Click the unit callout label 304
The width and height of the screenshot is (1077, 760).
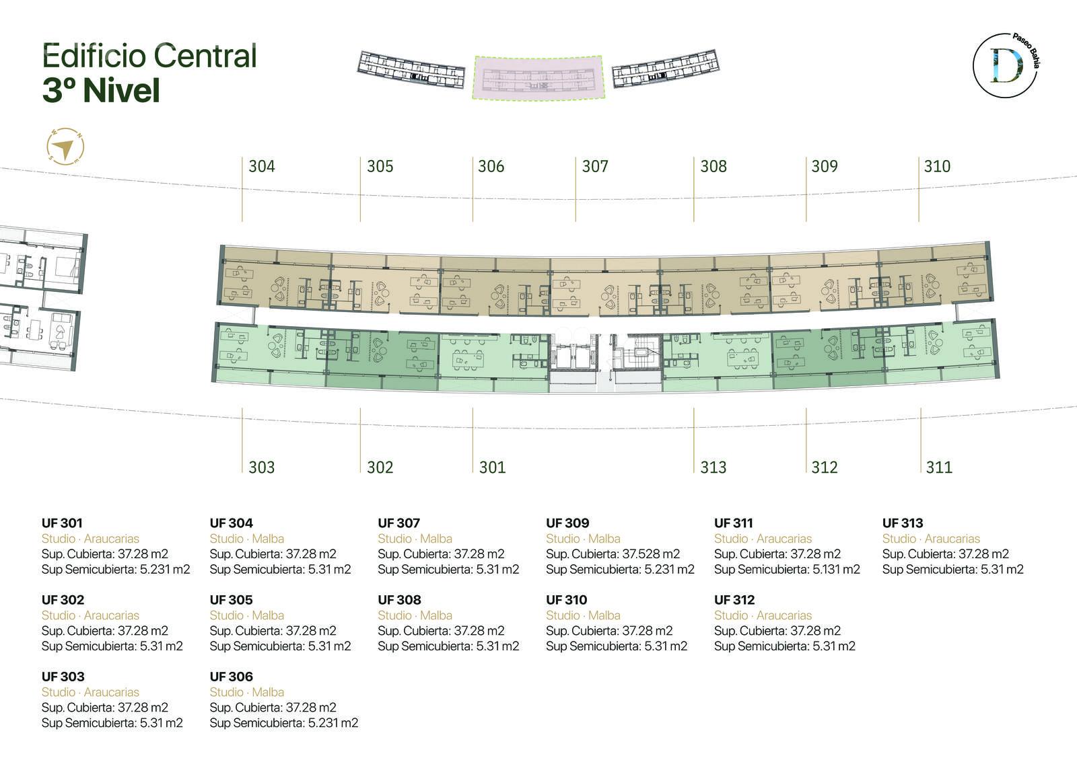[x=262, y=166]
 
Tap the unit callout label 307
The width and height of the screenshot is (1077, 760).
[x=595, y=166]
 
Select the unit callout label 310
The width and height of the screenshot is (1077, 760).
[x=936, y=166]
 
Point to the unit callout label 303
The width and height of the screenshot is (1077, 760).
[x=262, y=467]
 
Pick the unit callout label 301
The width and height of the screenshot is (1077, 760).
[x=492, y=467]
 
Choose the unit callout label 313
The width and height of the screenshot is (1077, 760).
[x=713, y=467]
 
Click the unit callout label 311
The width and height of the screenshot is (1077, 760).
[x=939, y=467]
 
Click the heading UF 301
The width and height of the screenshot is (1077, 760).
[x=62, y=523]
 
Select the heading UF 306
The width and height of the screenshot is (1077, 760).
[x=232, y=677]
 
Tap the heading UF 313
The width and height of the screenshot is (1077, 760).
[x=903, y=523]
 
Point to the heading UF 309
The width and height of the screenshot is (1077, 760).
[x=567, y=523]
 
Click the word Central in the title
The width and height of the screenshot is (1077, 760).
[x=205, y=56]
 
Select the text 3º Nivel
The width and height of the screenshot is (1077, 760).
[x=101, y=90]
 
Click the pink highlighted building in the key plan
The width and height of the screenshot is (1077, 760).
[x=538, y=78]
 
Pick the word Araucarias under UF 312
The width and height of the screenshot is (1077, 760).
[x=784, y=615]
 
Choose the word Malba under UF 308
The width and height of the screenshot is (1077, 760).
[x=436, y=615]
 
